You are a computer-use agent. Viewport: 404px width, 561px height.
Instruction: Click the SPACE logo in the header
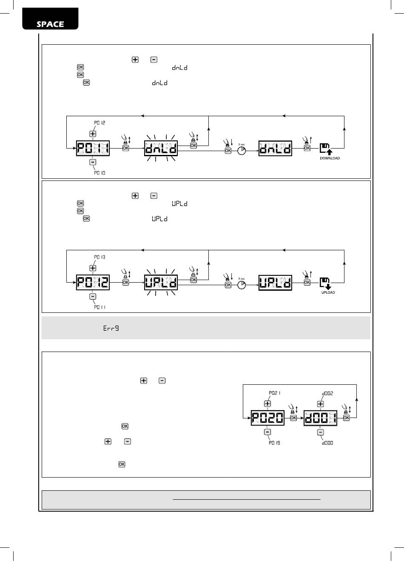point(50,23)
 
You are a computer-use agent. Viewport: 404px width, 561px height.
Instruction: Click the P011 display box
point(93,149)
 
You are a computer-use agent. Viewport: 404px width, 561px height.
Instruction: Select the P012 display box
point(93,283)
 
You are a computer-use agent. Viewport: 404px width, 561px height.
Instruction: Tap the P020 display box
point(267,418)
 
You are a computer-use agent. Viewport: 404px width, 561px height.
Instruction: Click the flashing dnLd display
point(161,149)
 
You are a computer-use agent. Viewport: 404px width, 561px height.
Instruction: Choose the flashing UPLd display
point(161,283)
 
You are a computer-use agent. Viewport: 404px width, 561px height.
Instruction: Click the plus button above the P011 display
point(93,134)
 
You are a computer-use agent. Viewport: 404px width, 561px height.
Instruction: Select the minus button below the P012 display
point(93,297)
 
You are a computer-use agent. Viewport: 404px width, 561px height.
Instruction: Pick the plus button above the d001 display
point(321,404)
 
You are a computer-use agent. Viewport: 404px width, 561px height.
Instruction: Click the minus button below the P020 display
point(267,432)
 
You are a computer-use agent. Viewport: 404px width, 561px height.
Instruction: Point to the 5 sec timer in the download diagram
point(242,151)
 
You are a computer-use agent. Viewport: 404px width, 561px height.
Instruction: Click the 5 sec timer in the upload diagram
point(242,285)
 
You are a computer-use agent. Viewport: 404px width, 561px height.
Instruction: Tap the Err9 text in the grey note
point(111,328)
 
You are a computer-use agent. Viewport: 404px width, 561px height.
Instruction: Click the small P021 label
point(275,393)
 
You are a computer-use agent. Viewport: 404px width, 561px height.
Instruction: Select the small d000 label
point(327,443)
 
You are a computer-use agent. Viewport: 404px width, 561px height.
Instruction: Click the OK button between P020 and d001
point(293,418)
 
